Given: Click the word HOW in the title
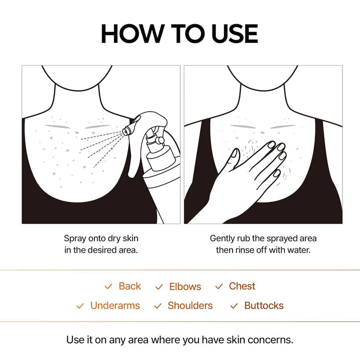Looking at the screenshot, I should click(132, 34).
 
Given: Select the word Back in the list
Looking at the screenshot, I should click(129, 286).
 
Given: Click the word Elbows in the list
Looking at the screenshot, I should click(185, 286).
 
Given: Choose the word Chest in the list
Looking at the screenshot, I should click(242, 286).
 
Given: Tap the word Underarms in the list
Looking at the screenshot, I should click(115, 306).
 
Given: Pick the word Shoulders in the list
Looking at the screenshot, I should click(190, 306).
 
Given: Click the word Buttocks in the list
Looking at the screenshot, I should click(264, 306).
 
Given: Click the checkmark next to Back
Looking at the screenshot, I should click(108, 286).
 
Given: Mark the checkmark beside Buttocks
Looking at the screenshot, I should click(234, 306).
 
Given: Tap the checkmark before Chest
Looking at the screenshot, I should click(219, 286).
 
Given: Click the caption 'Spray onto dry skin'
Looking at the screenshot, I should click(101, 238).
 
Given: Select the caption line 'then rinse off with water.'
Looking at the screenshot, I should click(263, 250).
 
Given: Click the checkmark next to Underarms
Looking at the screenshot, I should click(80, 306).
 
